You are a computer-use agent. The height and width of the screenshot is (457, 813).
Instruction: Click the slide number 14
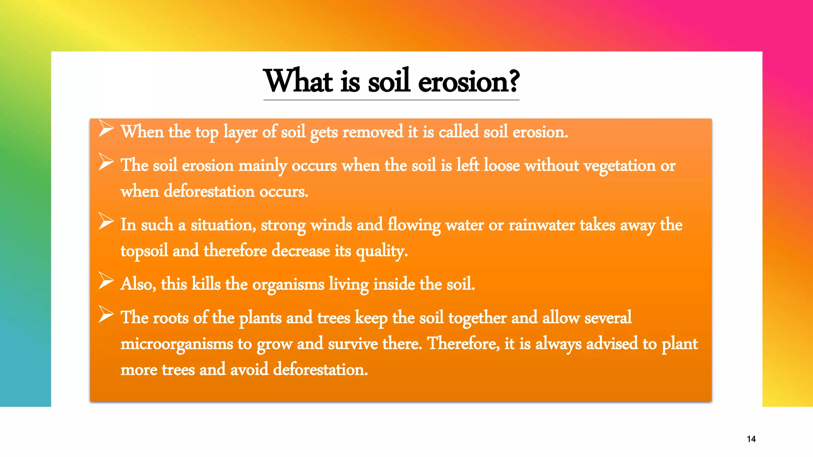(x=751, y=439)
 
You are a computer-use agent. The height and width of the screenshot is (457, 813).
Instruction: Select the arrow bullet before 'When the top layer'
(x=106, y=128)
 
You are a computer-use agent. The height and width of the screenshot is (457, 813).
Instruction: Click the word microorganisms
(x=177, y=344)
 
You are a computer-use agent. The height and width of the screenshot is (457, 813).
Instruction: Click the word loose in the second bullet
(x=502, y=165)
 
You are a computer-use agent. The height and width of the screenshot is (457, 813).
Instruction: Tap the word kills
(x=206, y=284)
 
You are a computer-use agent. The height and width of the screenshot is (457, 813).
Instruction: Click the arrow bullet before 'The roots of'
(x=106, y=314)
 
